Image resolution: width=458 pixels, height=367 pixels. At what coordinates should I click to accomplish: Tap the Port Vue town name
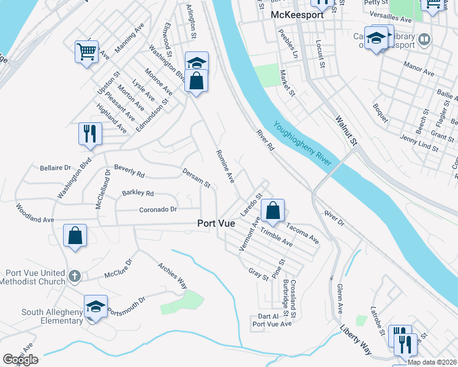click(216, 224)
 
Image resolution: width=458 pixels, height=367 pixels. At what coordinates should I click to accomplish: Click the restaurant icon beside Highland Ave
click(90, 133)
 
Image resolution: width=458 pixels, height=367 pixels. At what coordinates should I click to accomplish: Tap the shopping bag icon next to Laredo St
click(273, 210)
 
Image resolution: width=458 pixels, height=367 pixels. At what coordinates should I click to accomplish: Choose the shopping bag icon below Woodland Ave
click(75, 235)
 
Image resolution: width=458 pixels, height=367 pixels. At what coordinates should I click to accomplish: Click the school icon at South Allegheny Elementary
click(95, 306)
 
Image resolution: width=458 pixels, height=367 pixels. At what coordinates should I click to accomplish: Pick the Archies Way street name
click(172, 275)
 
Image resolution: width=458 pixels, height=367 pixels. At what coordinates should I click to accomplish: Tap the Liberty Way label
click(356, 341)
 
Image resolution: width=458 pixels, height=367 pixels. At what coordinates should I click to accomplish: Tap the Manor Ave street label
click(419, 73)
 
